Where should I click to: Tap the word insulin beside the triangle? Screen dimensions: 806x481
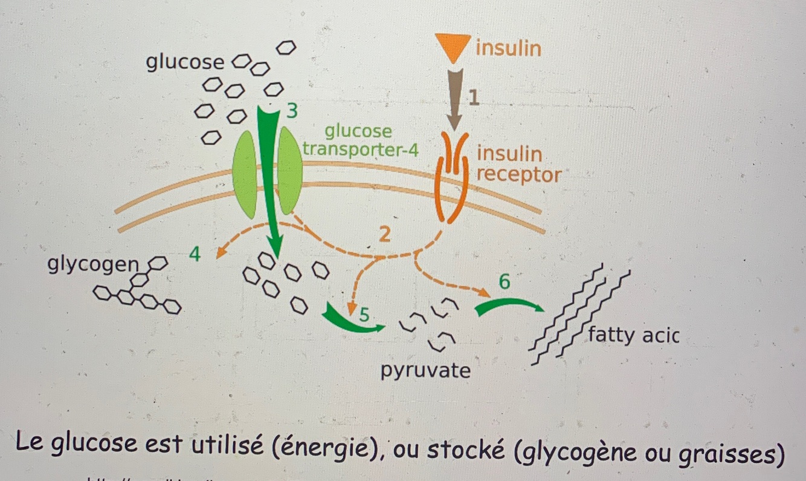coord(508,48)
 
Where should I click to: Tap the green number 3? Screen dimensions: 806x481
coord(292,111)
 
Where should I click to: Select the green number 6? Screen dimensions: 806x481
coord(505,282)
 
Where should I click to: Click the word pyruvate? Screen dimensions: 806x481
coord(425,370)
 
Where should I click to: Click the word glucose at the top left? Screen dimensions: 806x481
coord(185,62)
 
